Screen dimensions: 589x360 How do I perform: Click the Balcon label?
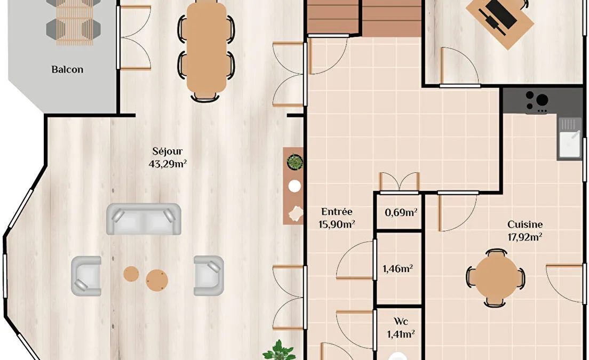point(67,69)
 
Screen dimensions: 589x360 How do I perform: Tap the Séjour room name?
point(168,151)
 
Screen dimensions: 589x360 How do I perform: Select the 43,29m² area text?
point(168,164)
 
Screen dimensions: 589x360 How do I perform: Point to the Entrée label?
point(337,212)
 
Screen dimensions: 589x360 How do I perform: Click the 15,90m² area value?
point(337,225)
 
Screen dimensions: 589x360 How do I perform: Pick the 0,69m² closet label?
point(401,212)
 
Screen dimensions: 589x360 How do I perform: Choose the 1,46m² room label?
point(398,269)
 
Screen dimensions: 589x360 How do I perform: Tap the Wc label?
point(401,322)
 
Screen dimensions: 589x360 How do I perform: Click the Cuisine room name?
point(525,225)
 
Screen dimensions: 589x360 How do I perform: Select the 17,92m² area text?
point(525,237)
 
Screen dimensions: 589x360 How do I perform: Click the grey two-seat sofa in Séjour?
point(144,219)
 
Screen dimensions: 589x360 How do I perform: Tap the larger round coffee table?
point(157,280)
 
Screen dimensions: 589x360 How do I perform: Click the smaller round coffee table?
point(131,274)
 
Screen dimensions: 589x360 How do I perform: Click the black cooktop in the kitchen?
point(537,101)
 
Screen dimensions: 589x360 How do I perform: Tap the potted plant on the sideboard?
point(295,162)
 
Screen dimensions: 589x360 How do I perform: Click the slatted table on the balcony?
point(75,22)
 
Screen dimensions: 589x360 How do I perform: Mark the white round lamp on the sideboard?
point(294,186)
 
